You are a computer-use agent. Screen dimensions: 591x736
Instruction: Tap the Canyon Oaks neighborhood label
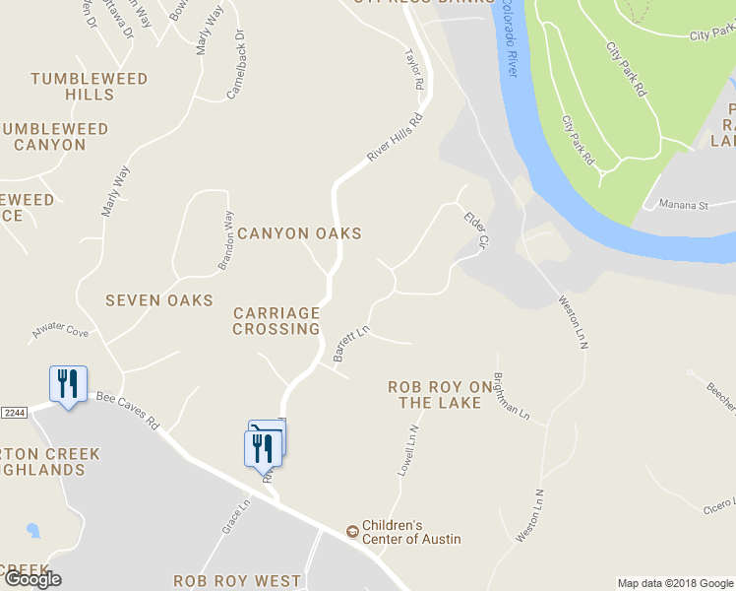pyautogui.click(x=299, y=233)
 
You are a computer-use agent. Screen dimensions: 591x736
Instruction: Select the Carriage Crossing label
pyautogui.click(x=276, y=320)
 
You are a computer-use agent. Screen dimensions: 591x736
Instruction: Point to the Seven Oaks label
pyautogui.click(x=159, y=299)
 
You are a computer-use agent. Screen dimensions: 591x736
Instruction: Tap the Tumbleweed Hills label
pyautogui.click(x=90, y=87)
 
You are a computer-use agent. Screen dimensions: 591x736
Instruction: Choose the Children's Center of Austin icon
pyautogui.click(x=352, y=532)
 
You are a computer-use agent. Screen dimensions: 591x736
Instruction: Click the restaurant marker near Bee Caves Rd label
pyautogui.click(x=68, y=383)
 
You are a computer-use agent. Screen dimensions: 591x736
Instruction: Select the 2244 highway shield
pyautogui.click(x=13, y=412)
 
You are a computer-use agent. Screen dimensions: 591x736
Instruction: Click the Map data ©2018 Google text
pyautogui.click(x=675, y=583)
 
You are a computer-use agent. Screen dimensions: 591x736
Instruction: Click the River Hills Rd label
pyautogui.click(x=394, y=138)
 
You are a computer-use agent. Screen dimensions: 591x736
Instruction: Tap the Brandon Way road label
pyautogui.click(x=226, y=240)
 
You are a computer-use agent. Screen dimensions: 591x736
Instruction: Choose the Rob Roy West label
pyautogui.click(x=237, y=581)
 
